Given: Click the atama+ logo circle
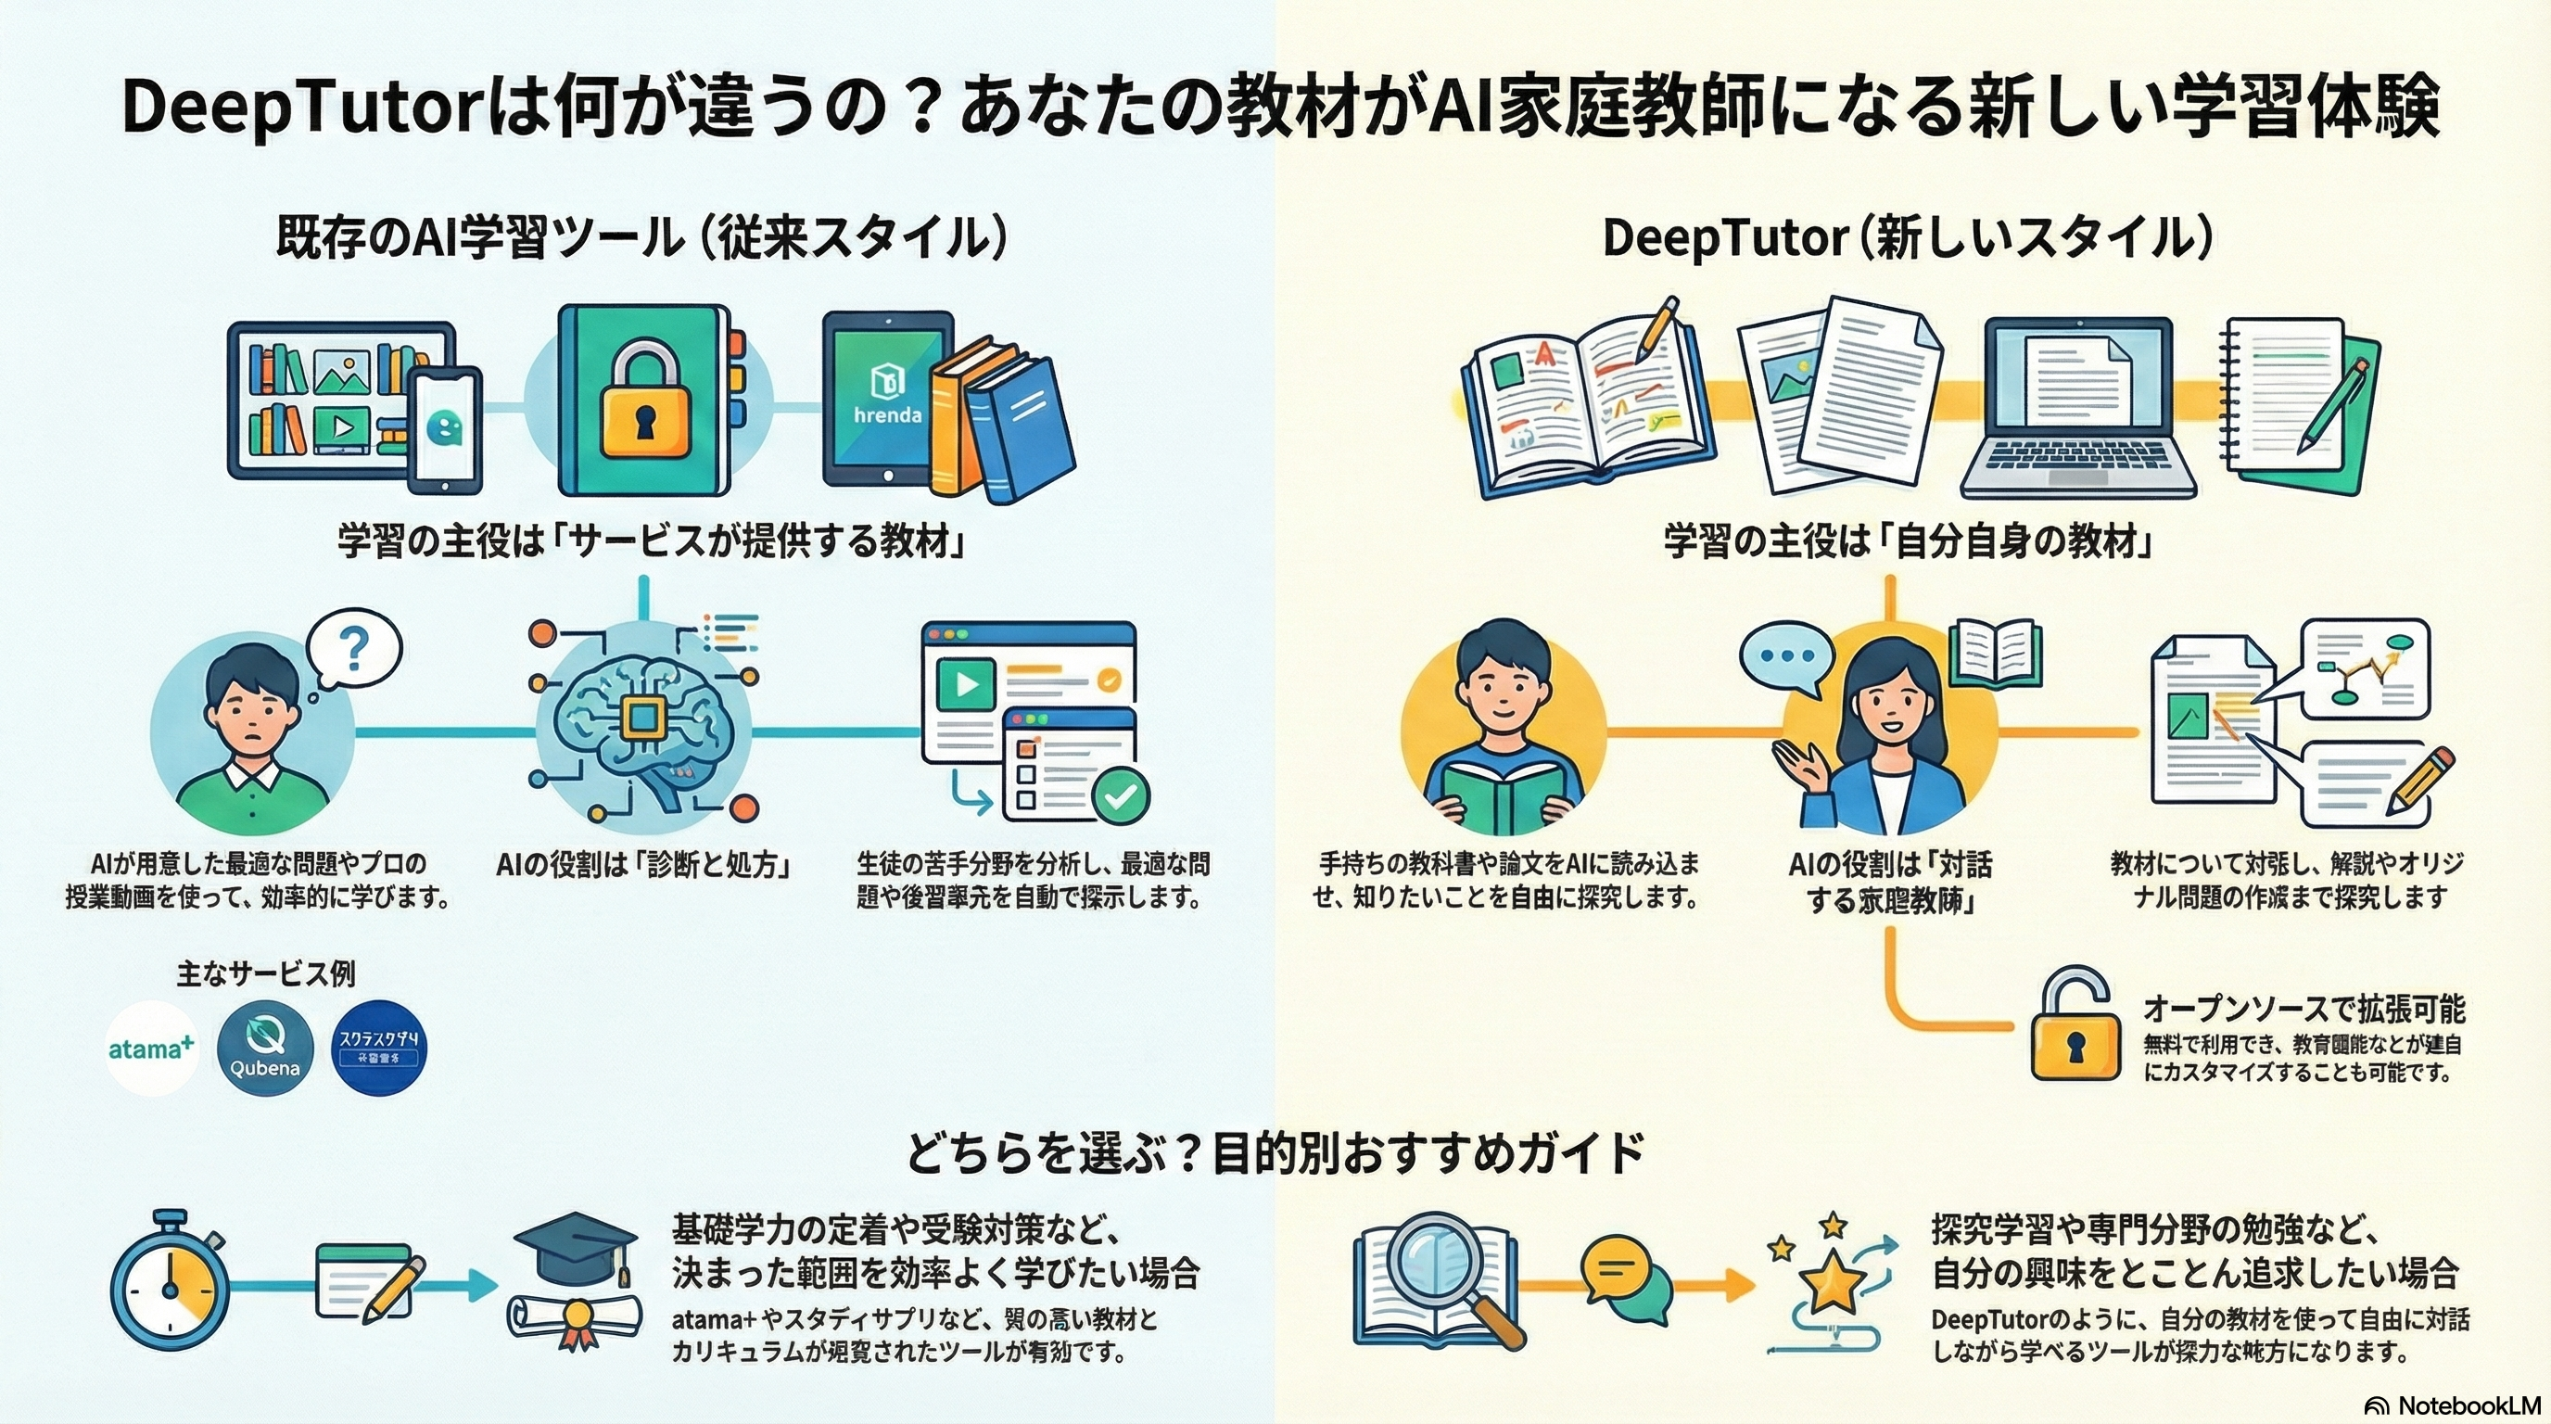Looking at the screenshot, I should pyautogui.click(x=151, y=1048).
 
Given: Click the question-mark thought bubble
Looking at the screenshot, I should pyautogui.click(x=353, y=649).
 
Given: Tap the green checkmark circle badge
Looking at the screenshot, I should pyautogui.click(x=1120, y=795).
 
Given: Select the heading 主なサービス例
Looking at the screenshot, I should pyautogui.click(x=265, y=973).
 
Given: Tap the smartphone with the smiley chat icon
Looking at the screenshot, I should pyautogui.click(x=446, y=429).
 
